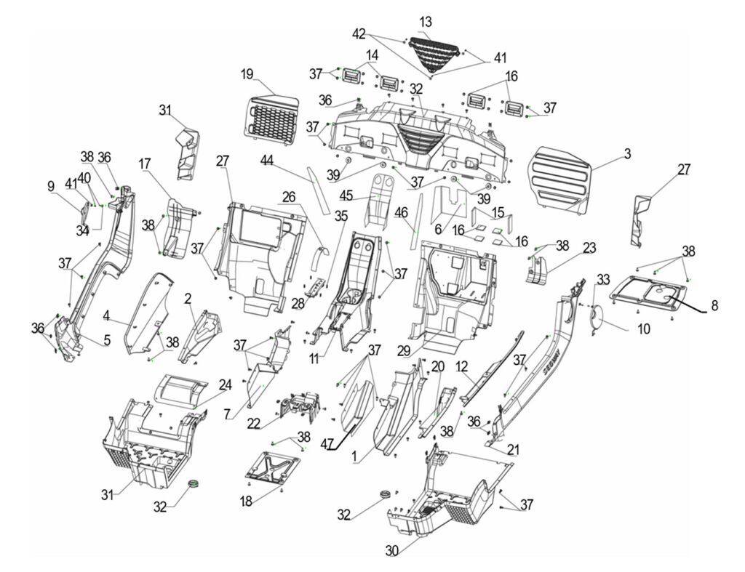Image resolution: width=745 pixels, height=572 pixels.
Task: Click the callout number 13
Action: coord(426,22)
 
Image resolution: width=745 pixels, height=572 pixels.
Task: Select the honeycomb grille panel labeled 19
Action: coord(270,116)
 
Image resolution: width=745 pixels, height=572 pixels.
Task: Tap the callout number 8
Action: coord(714,307)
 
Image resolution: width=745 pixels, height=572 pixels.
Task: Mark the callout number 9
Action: coord(51,187)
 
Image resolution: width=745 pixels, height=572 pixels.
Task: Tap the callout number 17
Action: coord(144,164)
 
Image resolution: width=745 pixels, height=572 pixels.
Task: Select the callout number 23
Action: coord(589,249)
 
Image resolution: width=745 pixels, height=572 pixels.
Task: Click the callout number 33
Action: coord(603,278)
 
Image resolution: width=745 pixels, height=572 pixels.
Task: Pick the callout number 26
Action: coord(289,196)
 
